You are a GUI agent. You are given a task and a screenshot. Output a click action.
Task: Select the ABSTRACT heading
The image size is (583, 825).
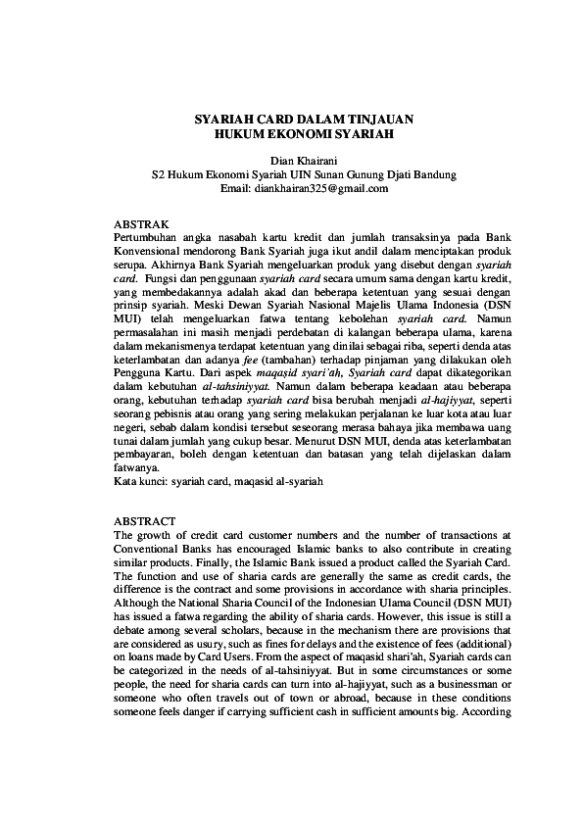145,520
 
